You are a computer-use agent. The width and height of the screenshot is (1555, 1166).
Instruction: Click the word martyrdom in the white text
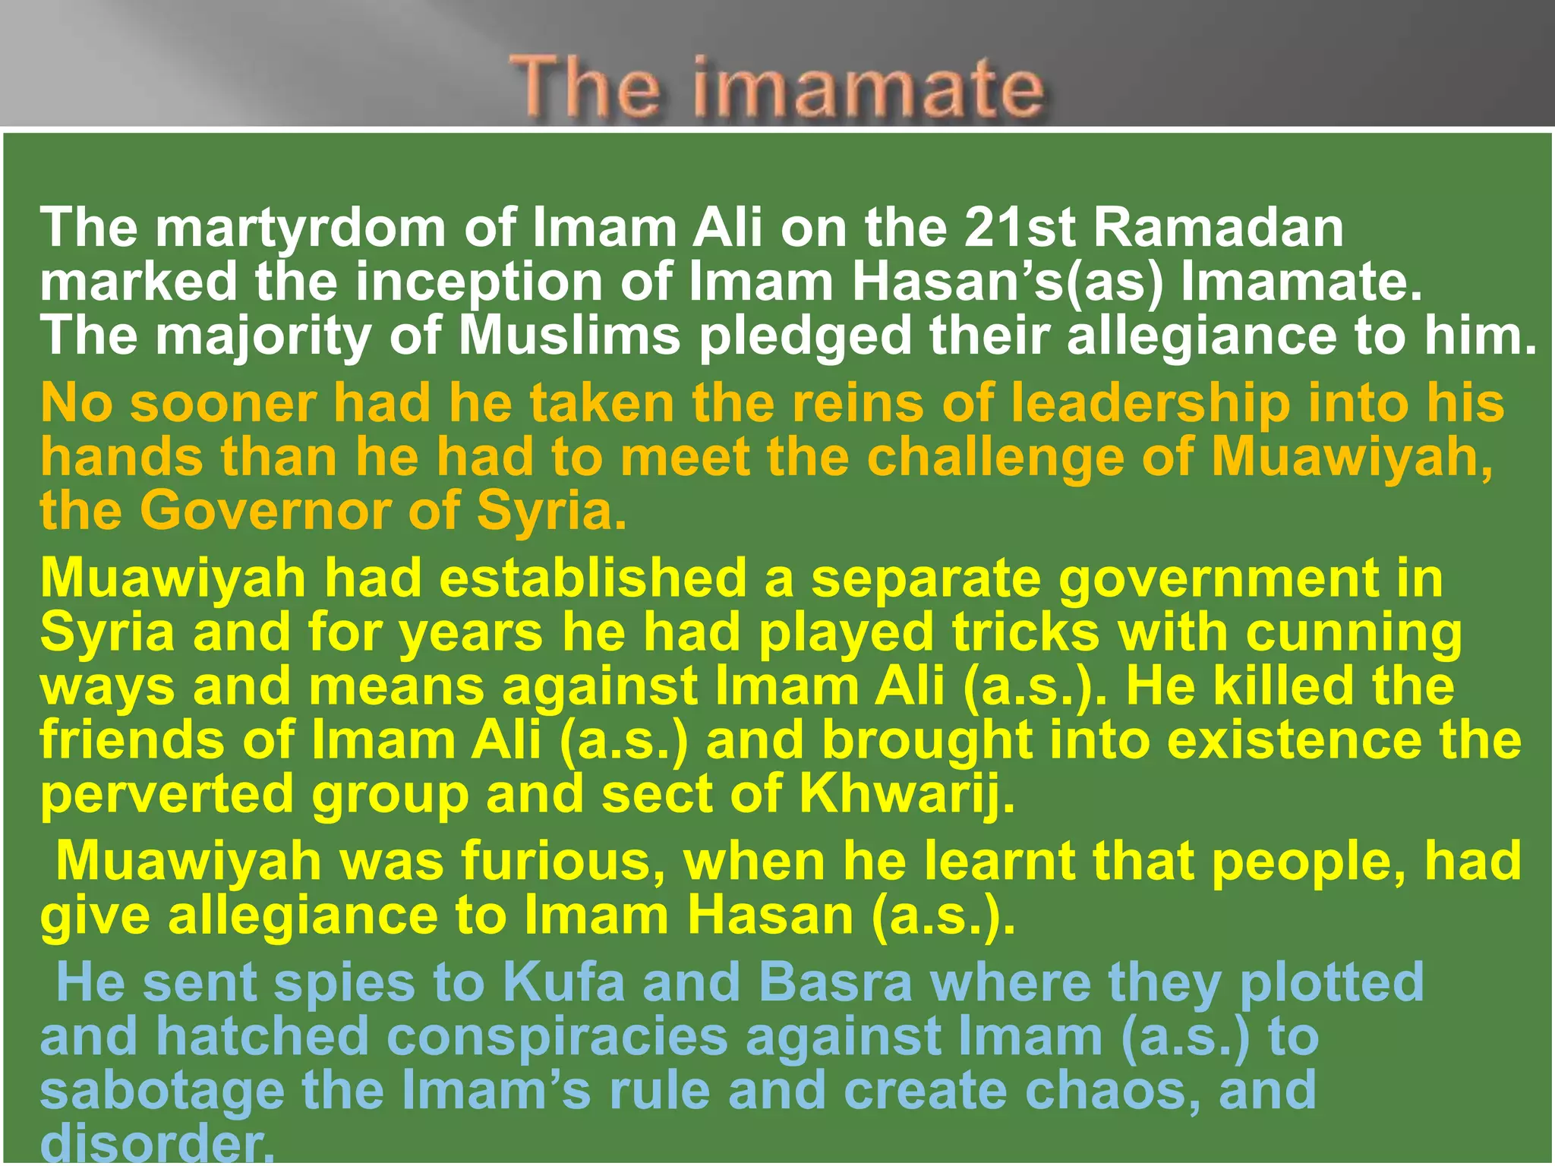coord(301,228)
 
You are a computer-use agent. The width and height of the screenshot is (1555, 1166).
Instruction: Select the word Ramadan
coord(1218,228)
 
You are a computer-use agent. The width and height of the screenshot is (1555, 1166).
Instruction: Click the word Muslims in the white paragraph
coord(569,336)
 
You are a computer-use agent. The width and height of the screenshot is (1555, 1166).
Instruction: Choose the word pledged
coord(805,336)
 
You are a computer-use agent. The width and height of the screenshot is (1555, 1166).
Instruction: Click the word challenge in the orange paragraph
coord(995,457)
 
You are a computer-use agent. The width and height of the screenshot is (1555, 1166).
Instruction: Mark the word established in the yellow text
coord(593,578)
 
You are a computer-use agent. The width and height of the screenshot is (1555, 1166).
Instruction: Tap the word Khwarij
coord(907,794)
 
